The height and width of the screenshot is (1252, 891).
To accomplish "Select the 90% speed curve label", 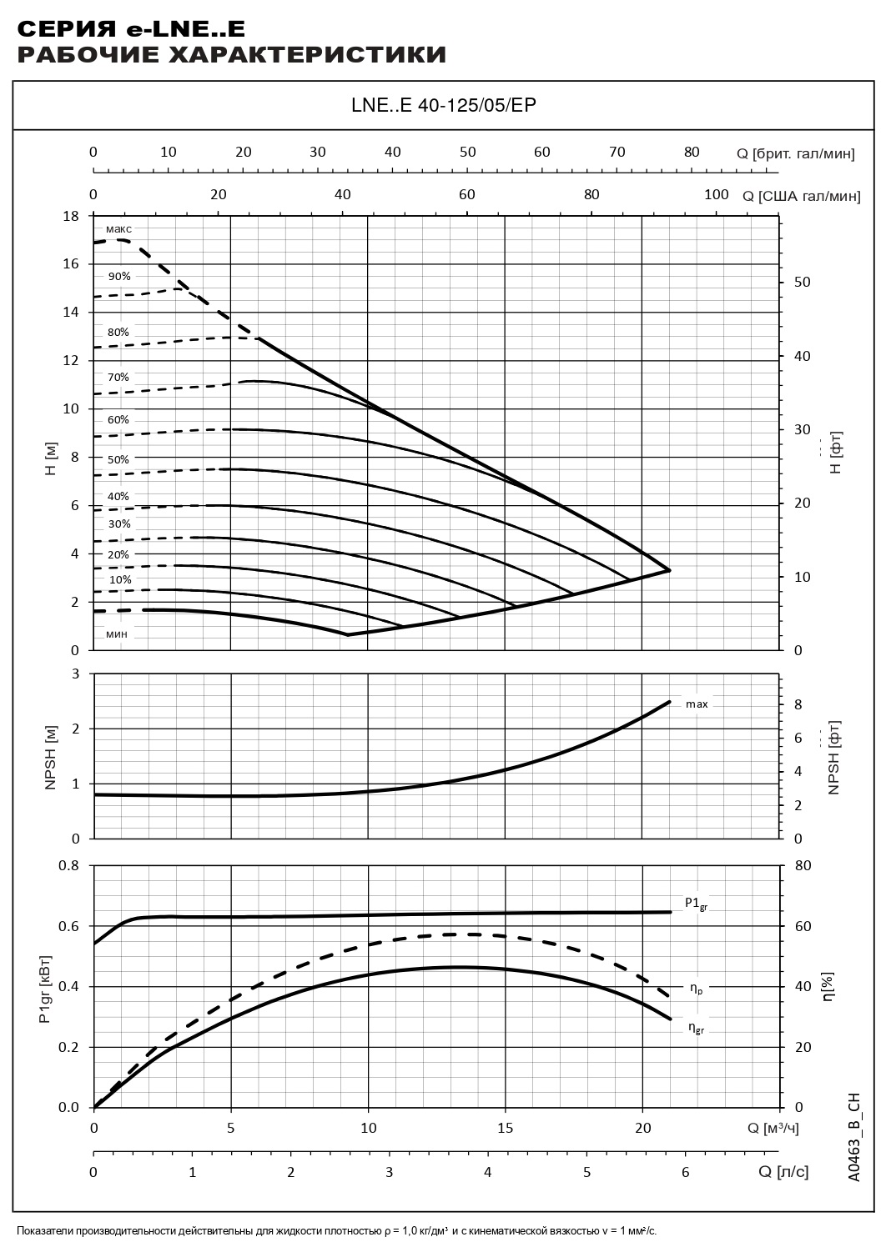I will pyautogui.click(x=119, y=276).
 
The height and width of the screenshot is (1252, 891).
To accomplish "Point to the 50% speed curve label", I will pyautogui.click(x=118, y=459).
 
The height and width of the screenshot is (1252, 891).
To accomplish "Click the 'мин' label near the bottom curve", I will pyautogui.click(x=117, y=634).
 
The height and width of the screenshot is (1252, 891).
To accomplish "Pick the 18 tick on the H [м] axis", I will pyautogui.click(x=71, y=216).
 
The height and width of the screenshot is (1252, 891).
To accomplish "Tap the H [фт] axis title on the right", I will pyautogui.click(x=836, y=453).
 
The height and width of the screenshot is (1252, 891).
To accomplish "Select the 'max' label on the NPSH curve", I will pyautogui.click(x=697, y=704).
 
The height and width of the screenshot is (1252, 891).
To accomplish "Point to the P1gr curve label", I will pyautogui.click(x=696, y=904).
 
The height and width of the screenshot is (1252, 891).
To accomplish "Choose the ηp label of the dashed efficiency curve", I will pyautogui.click(x=696, y=989).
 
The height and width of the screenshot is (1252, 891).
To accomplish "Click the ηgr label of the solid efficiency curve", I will pyautogui.click(x=697, y=1029).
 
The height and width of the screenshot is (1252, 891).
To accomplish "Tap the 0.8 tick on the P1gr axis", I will pyautogui.click(x=69, y=865).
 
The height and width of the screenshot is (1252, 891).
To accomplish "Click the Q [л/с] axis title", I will pyautogui.click(x=783, y=1172).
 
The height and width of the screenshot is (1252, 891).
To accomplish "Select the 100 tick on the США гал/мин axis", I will pyautogui.click(x=716, y=195).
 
